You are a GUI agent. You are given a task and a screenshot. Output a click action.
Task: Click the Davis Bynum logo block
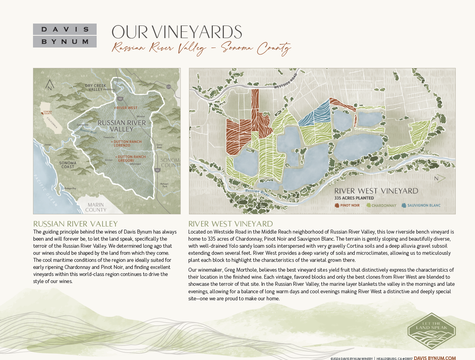(65, 35)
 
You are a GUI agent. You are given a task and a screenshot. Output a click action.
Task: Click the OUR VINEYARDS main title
(177, 32)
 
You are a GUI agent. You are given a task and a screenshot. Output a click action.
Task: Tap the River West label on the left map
(126, 107)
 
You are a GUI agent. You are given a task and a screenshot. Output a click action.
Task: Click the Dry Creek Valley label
(95, 87)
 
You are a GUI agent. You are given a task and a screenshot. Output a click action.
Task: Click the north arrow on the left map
(50, 85)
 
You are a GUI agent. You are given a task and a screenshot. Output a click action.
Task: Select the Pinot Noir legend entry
(347, 205)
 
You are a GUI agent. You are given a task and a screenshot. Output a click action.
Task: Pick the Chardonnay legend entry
(381, 205)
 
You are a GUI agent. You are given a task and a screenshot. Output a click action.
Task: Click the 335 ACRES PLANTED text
(354, 198)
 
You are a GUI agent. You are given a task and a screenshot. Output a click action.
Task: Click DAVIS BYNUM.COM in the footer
(435, 358)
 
